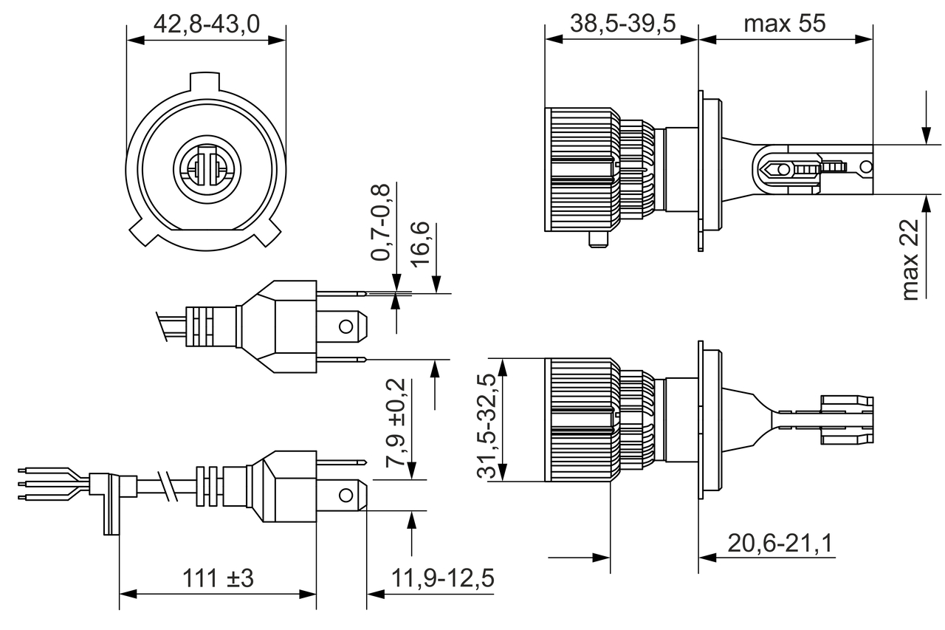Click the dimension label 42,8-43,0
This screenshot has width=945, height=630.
click(206, 24)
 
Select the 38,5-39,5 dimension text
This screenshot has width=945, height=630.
click(622, 24)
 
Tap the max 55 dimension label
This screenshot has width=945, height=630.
click(784, 24)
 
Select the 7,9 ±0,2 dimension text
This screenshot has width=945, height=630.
click(396, 422)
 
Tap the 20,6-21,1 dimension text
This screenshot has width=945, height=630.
click(780, 544)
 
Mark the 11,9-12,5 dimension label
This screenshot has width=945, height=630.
click(441, 578)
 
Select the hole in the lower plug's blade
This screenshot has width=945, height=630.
click(345, 494)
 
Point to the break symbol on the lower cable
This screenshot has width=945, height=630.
click(171, 486)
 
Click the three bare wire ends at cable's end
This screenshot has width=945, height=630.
click(33, 484)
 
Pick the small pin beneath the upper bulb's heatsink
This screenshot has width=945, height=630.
click(598, 239)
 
